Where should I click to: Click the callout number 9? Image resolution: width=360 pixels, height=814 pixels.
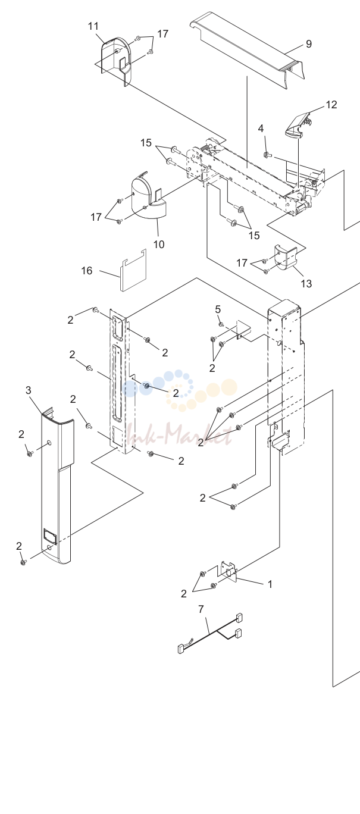308,44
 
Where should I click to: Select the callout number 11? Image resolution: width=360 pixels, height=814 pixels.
93,26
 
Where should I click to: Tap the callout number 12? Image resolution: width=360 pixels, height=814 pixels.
331,105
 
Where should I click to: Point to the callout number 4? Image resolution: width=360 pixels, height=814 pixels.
261,129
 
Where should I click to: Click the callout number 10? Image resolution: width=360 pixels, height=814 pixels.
159,245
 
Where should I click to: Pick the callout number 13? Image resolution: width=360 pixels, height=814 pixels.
306,283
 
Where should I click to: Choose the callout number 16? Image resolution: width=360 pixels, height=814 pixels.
87,271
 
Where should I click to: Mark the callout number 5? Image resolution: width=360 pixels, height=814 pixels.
218,309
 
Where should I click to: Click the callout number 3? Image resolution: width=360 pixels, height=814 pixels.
29,390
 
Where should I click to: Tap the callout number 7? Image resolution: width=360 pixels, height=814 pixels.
201,609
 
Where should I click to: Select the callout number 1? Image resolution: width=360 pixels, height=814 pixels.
270,584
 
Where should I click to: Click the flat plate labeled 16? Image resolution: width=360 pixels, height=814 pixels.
133,270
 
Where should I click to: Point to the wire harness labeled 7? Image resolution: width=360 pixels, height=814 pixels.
209,634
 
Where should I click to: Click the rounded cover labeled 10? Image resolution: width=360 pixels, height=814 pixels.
147,196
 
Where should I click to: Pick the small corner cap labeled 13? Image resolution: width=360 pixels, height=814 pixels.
286,258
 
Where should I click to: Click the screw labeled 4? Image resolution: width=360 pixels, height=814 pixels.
267,155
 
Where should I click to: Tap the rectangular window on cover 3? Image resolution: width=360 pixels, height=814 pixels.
49,534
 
